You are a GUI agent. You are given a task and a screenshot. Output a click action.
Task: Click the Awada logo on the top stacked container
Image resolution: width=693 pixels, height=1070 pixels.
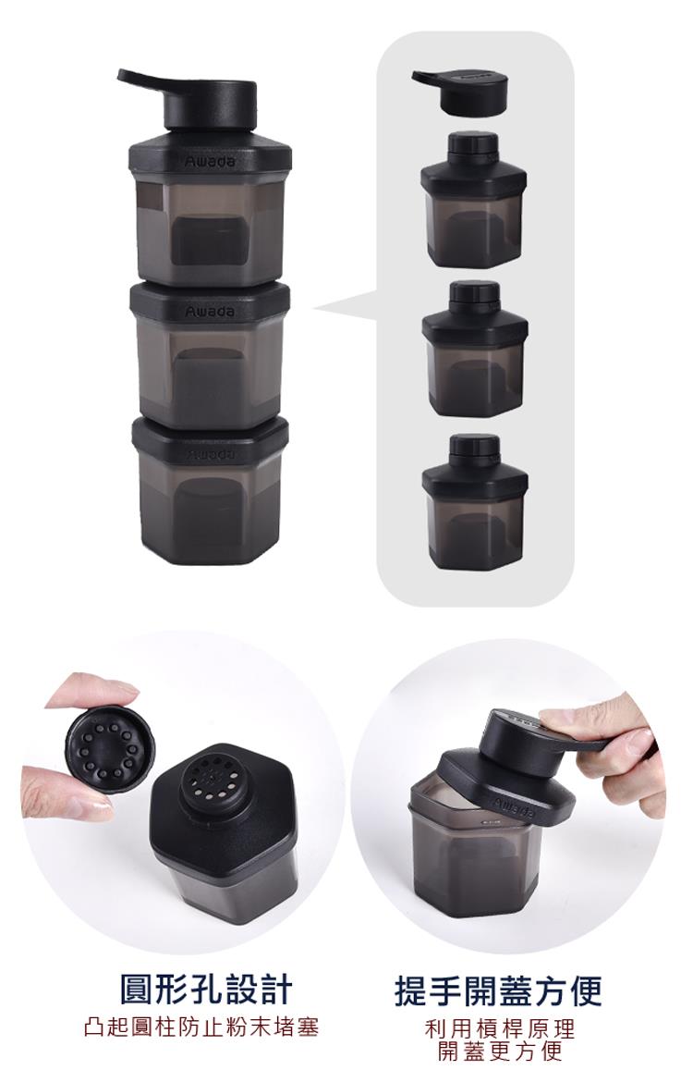point(210,162)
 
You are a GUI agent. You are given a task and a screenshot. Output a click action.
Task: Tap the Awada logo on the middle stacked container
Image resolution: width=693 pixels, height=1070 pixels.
point(210,312)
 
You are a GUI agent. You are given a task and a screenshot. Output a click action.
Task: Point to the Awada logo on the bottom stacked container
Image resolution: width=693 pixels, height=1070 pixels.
point(210,454)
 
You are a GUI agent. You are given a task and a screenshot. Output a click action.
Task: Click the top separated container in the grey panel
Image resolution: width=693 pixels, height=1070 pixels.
point(474,201)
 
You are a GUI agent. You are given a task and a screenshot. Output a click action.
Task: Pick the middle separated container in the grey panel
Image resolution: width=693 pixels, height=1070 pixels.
point(475,349)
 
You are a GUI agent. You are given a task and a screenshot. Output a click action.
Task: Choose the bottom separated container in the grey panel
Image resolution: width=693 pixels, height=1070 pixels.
point(475,502)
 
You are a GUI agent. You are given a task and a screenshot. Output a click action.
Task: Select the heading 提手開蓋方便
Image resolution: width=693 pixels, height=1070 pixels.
point(499,990)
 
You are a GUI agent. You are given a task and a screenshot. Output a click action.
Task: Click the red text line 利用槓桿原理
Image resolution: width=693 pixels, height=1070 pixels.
point(499,1027)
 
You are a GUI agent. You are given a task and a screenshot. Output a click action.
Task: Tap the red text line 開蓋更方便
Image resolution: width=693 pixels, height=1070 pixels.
point(499,1051)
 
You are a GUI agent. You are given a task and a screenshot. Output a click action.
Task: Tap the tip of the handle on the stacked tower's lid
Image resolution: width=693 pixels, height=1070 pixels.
point(121,74)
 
